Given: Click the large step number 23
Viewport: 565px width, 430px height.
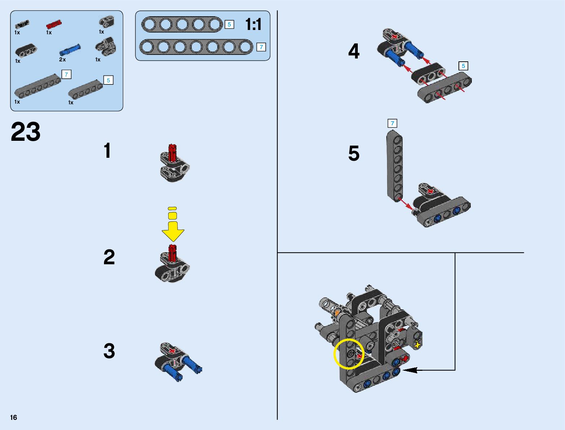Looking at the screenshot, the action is (x=26, y=132).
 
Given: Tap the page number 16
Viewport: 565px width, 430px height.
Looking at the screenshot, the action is (x=14, y=417).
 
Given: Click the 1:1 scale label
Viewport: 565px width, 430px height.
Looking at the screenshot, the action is (x=253, y=25).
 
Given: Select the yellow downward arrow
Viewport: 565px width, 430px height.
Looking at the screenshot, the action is (x=173, y=227).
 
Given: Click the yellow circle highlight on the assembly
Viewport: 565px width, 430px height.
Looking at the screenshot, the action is (x=348, y=354).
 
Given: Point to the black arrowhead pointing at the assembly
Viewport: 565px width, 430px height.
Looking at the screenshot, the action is (x=410, y=370).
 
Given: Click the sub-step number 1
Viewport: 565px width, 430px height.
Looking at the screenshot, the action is (x=107, y=151).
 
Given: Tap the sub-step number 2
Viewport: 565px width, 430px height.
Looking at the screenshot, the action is (x=109, y=257).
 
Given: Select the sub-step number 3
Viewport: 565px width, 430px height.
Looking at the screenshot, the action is (x=109, y=351).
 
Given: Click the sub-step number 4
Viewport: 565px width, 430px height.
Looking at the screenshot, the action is (x=354, y=51).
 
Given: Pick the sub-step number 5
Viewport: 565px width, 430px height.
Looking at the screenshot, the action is (x=354, y=153).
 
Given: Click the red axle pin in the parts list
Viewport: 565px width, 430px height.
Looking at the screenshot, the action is (x=54, y=25).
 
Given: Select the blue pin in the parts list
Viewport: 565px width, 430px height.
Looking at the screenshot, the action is (x=70, y=49).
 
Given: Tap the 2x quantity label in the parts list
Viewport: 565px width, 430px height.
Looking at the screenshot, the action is (x=62, y=60).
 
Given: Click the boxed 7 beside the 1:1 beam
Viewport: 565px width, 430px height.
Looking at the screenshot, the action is (x=261, y=47).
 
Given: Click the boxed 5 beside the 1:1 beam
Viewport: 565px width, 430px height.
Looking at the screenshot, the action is (x=229, y=25).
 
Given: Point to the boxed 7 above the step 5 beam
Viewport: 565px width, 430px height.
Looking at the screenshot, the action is (x=392, y=123).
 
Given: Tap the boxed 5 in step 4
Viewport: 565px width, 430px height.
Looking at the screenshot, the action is (x=463, y=66).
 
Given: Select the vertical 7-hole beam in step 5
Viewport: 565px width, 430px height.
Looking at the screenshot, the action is (x=395, y=166).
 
